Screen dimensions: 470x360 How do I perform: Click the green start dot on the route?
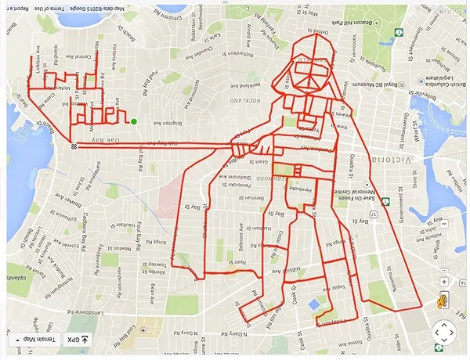point(134,121)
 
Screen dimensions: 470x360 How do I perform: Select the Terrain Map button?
point(33,338)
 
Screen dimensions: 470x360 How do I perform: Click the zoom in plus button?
point(444,282)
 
